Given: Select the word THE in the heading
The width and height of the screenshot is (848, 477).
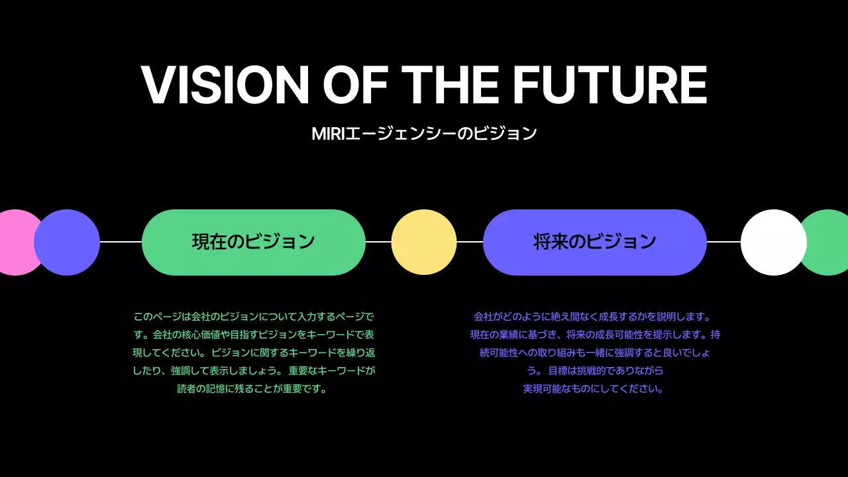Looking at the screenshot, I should [x=450, y=85].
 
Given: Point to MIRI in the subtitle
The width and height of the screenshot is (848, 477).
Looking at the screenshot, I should [x=329, y=134].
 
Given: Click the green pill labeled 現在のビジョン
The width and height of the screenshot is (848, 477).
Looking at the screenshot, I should [x=254, y=242].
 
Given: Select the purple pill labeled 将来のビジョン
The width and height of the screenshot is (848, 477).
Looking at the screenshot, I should [x=594, y=242].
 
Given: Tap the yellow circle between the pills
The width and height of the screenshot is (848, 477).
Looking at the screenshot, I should [x=424, y=242].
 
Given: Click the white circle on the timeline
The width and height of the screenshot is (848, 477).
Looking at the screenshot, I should [x=773, y=242].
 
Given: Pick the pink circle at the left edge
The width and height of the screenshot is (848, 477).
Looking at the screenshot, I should [x=15, y=242].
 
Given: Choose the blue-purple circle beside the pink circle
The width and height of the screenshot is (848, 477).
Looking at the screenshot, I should [x=67, y=242].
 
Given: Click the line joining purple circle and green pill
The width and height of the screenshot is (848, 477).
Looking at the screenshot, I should [x=121, y=242].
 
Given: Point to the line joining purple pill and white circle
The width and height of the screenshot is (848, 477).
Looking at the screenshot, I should [x=723, y=242].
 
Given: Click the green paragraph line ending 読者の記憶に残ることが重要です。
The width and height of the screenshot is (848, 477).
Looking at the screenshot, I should [x=253, y=389].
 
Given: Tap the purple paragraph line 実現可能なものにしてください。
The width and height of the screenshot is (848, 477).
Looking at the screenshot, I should [x=594, y=389].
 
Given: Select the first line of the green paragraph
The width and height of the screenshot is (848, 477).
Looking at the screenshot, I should [x=254, y=317].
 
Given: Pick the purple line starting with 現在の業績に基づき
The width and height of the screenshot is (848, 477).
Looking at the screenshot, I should [x=595, y=335].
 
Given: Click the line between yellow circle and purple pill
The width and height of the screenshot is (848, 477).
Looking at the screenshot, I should [x=470, y=242].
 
